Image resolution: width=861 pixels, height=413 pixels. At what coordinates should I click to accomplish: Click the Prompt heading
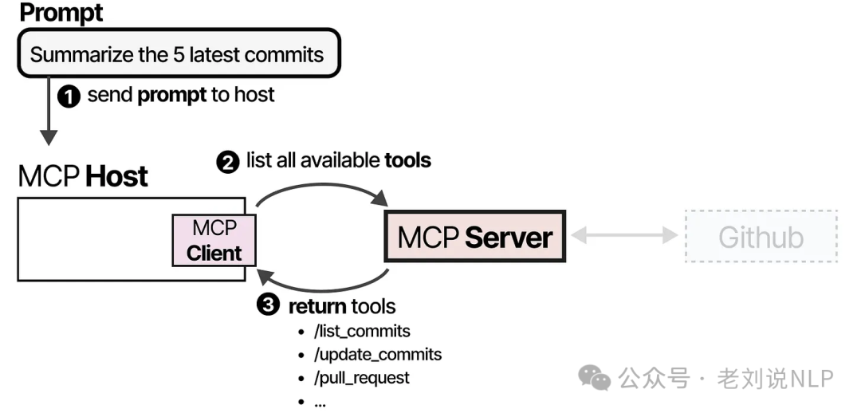click(x=61, y=13)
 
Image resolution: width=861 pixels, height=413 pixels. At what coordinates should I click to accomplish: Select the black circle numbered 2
click(x=228, y=162)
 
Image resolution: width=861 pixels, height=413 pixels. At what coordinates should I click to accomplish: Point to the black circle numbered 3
click(x=269, y=305)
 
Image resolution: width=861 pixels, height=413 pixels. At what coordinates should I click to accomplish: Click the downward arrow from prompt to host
click(x=49, y=112)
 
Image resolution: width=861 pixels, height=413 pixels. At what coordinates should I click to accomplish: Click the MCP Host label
click(x=83, y=176)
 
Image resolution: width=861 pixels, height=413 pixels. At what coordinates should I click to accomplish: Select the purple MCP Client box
click(x=214, y=241)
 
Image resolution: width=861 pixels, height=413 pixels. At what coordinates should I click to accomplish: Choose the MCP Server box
click(x=475, y=237)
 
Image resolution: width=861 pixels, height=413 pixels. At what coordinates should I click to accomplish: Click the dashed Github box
click(x=761, y=237)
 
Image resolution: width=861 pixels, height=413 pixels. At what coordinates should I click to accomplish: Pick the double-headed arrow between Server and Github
click(x=625, y=236)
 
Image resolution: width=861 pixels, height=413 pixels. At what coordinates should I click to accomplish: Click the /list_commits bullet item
click(x=362, y=331)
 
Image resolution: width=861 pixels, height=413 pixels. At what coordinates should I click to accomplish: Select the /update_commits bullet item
click(x=377, y=354)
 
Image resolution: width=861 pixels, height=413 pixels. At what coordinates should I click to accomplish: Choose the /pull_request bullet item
click(x=361, y=377)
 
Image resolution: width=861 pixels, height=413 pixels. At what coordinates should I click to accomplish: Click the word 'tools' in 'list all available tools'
click(x=407, y=160)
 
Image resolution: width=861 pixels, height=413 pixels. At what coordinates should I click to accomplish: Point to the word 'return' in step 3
click(x=316, y=306)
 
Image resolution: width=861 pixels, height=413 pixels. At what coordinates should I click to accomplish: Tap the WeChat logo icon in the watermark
click(x=595, y=377)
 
